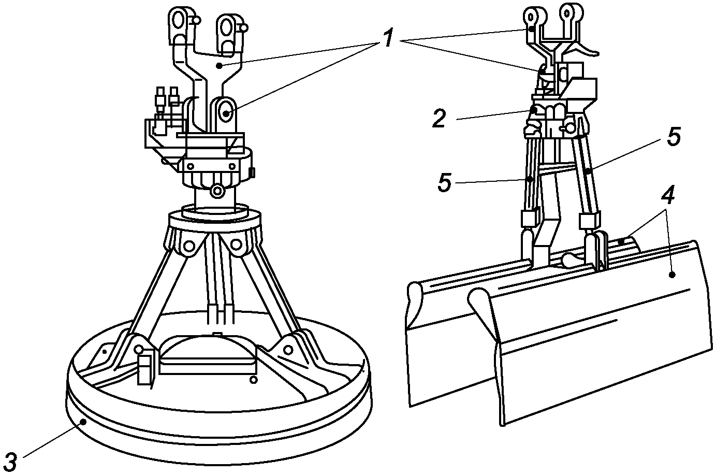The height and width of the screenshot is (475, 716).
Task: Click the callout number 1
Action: (388, 38)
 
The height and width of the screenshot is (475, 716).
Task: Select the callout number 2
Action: (439, 118)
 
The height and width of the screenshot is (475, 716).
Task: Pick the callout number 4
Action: (667, 194)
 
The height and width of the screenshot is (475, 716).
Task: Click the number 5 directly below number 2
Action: (445, 183)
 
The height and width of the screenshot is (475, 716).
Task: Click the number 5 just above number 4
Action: (674, 137)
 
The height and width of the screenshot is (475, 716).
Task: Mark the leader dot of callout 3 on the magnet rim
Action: (83, 422)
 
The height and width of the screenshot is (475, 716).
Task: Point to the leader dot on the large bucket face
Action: (673, 275)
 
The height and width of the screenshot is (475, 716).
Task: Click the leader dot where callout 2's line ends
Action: (534, 110)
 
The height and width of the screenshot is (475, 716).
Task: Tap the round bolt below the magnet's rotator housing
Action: (217, 191)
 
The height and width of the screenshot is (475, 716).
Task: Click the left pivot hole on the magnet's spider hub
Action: (189, 246)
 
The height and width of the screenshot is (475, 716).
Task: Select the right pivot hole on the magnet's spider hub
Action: (236, 245)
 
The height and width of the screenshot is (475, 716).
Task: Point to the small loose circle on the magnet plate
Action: (254, 380)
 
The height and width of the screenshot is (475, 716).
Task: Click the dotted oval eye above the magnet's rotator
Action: (226, 112)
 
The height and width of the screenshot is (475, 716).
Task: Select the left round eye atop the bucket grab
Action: (531, 16)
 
